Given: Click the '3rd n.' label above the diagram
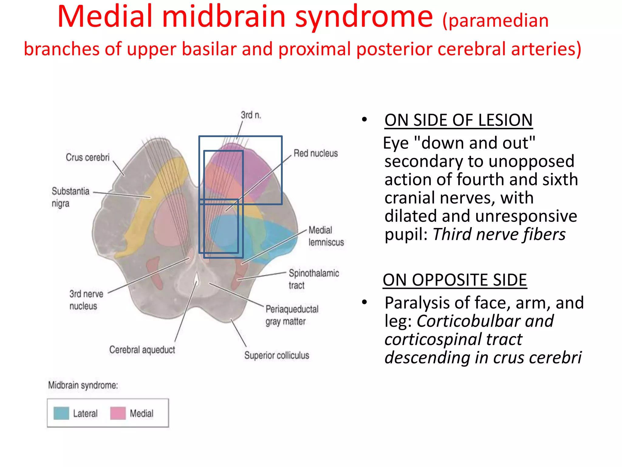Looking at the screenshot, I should click(x=251, y=115).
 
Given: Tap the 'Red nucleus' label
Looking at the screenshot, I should click(x=316, y=153).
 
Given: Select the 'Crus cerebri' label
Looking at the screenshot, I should click(x=87, y=157).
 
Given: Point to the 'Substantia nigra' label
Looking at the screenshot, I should click(x=70, y=197).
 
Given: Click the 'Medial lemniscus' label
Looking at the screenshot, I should click(x=326, y=236).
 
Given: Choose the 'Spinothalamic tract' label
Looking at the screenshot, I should click(x=313, y=279).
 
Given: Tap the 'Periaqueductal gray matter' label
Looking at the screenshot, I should click(x=292, y=315).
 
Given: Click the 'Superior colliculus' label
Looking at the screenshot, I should click(x=276, y=355).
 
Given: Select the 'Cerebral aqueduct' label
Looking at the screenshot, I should click(x=142, y=350).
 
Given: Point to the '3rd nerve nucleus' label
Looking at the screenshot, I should click(x=86, y=300).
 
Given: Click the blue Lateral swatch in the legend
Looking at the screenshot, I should click(x=61, y=413).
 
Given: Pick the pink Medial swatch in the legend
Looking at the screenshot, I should click(x=118, y=413).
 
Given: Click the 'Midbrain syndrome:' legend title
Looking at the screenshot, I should click(x=83, y=385).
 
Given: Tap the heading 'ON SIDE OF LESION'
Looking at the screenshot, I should click(x=458, y=120).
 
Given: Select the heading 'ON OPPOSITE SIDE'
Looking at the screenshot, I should click(x=455, y=280).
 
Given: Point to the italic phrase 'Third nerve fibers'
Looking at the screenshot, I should click(x=499, y=234).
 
